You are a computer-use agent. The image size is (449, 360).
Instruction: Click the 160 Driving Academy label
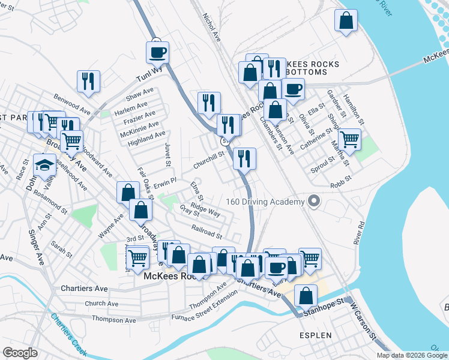click(x=265, y=202)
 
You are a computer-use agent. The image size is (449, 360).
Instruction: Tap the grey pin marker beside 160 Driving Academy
click(x=313, y=202)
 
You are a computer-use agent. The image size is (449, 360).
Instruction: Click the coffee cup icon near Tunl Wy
click(x=157, y=52)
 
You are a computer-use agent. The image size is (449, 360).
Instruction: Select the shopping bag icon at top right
click(x=346, y=21)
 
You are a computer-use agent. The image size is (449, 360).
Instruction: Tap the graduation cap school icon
click(x=44, y=164)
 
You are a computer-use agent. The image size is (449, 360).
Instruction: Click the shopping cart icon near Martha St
click(x=349, y=140)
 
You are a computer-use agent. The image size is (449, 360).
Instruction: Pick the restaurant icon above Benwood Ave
click(x=88, y=81)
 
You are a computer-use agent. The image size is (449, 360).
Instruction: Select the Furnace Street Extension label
click(x=200, y=313)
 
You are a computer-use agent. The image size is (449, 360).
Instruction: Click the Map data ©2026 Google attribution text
click(x=412, y=355)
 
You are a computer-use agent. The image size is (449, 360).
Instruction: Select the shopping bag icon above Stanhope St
click(x=306, y=295)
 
